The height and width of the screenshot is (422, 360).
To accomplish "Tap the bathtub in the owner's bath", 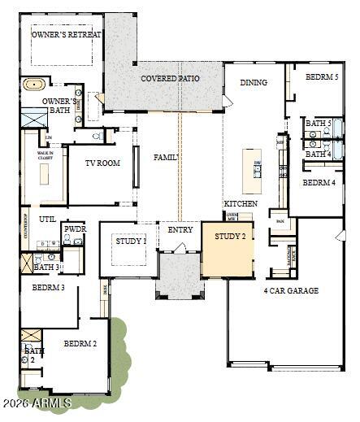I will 34,84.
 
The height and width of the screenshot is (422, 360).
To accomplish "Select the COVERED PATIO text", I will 170,79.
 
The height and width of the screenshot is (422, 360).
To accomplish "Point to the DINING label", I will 254,82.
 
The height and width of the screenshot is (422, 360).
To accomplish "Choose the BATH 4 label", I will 318,153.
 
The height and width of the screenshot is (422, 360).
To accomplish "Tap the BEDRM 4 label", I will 319,183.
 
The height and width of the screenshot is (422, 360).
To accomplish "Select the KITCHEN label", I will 241,203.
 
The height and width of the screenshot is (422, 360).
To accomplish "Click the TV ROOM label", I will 102,163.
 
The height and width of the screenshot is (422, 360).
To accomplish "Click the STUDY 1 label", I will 131,241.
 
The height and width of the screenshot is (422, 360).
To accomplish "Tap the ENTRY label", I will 180,230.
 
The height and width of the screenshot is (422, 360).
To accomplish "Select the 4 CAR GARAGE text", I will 291,290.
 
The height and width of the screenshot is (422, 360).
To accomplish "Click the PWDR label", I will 76,230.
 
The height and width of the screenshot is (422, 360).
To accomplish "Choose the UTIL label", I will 46,220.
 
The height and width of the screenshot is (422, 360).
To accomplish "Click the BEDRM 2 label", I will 80,344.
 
